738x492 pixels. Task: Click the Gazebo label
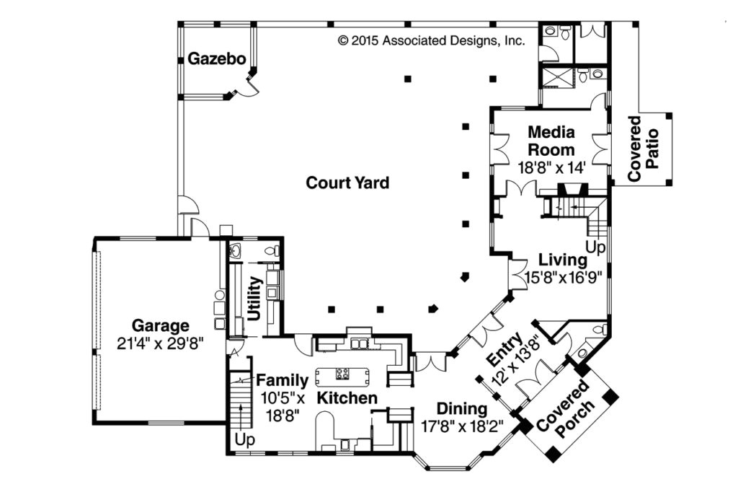click(217, 59)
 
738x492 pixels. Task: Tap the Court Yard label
click(347, 183)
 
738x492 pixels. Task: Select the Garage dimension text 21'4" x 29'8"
click(161, 343)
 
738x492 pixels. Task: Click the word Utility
click(254, 297)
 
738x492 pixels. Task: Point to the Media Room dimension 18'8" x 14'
click(551, 167)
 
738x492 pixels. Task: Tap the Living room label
click(563, 259)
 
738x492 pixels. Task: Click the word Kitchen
click(347, 397)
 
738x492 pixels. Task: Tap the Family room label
click(282, 380)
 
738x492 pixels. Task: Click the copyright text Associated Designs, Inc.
click(432, 41)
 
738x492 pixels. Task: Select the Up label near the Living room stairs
click(595, 247)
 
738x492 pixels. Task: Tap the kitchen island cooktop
click(342, 374)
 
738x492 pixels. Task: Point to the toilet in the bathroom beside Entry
click(595, 330)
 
